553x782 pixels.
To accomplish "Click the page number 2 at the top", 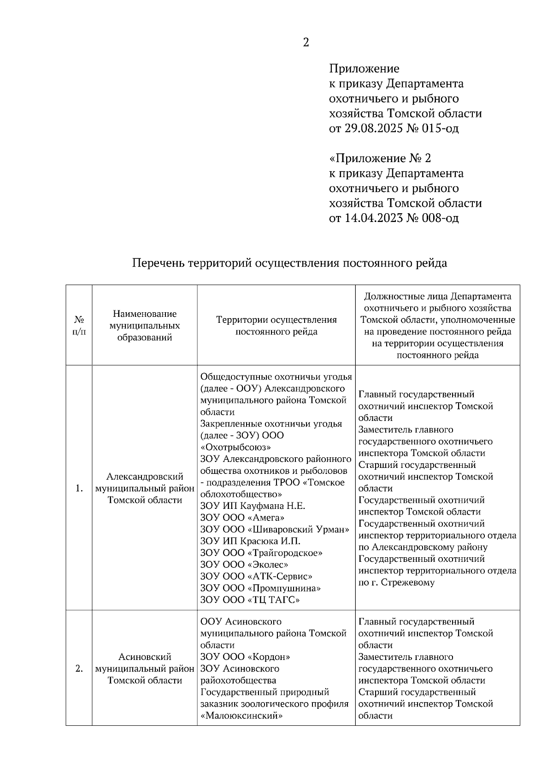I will pyautogui.click(x=306, y=43).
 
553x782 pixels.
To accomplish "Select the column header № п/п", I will pyautogui.click(x=79, y=325).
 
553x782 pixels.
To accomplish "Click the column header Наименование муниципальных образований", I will pyautogui.click(x=145, y=325).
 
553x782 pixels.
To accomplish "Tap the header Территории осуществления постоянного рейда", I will pyautogui.click(x=276, y=325).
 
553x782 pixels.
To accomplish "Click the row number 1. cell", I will pyautogui.click(x=79, y=489).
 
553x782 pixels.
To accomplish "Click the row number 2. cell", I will pyautogui.click(x=79, y=669).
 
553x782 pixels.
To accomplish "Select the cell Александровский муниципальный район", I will pyautogui.click(x=145, y=488).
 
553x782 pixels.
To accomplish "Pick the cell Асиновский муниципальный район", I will pyautogui.click(x=145, y=669).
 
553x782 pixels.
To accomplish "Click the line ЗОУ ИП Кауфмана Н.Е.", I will pyautogui.click(x=253, y=506).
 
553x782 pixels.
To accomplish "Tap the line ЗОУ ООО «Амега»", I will pyautogui.click(x=242, y=518).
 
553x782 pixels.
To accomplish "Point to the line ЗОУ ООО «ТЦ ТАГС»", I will pyautogui.click(x=250, y=600).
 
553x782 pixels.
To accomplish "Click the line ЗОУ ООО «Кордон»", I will pyautogui.click(x=245, y=657).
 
